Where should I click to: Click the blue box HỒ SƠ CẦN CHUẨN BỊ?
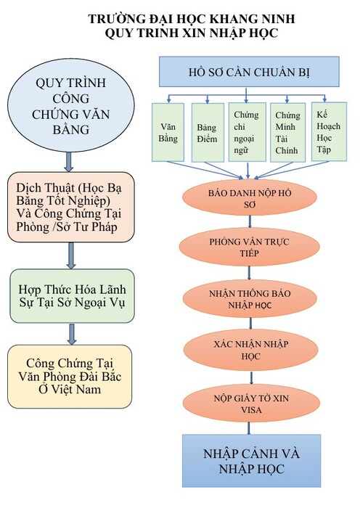249,72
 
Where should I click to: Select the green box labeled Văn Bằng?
168,132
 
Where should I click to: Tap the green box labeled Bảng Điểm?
208,133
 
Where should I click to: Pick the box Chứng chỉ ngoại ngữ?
247,132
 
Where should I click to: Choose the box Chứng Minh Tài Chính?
287,133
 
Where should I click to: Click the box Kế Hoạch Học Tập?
329,131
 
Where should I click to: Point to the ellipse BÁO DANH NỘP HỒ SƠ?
249,197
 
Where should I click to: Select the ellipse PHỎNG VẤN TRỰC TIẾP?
249,247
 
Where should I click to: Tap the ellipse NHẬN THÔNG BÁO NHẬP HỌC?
250,299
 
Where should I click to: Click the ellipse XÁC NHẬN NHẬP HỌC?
250,351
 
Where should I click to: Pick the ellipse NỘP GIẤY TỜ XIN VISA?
251,403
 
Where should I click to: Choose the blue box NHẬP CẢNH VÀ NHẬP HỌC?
251,461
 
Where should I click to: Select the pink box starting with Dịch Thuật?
70,207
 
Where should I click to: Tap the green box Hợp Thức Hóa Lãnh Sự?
72,296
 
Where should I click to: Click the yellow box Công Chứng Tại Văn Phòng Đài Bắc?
70,377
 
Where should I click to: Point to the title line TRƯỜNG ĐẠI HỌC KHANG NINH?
192,19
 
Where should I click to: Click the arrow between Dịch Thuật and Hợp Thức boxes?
71,255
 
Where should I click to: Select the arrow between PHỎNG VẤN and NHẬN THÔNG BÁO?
249,273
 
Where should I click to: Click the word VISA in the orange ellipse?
251,410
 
